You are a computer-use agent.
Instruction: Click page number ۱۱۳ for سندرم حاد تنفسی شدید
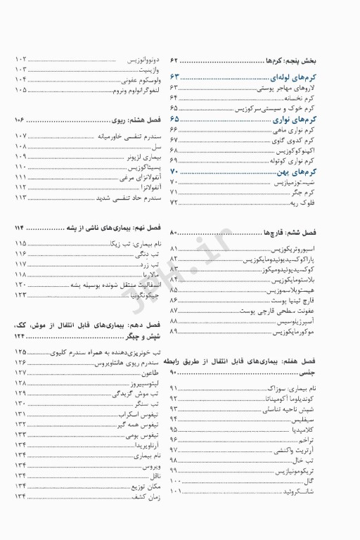tap(20, 198)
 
